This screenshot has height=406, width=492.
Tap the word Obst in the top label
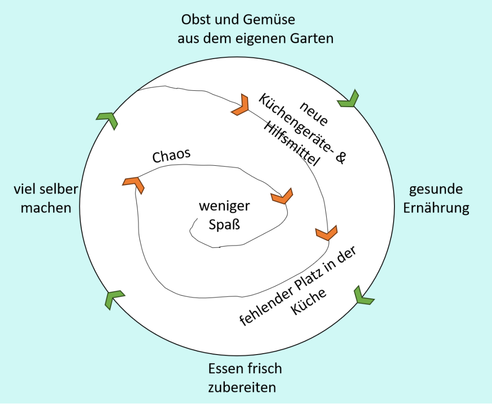click(196, 20)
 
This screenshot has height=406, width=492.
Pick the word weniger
click(224, 207)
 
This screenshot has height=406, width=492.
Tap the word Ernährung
click(436, 208)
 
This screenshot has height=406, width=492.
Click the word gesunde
click(436, 189)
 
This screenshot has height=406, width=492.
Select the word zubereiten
click(242, 387)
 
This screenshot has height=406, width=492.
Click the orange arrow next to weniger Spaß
click(282, 197)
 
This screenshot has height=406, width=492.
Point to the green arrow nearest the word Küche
click(364, 295)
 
